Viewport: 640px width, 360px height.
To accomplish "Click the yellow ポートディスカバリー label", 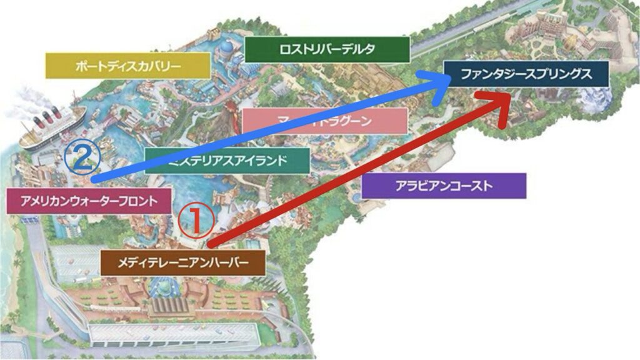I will (128, 65).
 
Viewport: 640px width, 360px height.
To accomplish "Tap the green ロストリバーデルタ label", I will (327, 49).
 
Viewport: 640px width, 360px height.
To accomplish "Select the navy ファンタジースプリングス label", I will (526, 74).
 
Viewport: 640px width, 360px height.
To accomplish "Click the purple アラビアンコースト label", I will (444, 186).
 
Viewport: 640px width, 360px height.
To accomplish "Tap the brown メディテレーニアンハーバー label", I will (182, 263).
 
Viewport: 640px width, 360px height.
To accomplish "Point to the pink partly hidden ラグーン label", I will (325, 120).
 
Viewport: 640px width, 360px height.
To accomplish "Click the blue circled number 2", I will (82, 160).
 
